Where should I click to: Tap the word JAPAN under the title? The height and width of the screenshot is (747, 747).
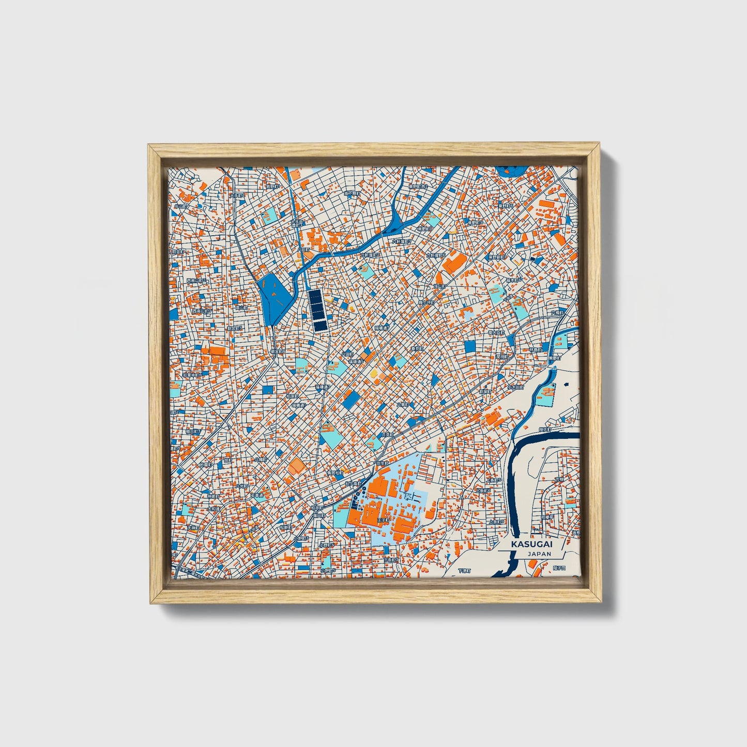click(539, 554)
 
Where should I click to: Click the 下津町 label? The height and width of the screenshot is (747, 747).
click(464, 571)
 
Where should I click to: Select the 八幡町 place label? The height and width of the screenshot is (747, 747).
click(261, 459)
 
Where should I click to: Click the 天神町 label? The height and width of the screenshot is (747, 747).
click(192, 528)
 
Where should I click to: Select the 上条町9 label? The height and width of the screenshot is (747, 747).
click(496, 522)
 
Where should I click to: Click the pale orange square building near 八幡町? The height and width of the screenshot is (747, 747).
click(297, 467)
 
